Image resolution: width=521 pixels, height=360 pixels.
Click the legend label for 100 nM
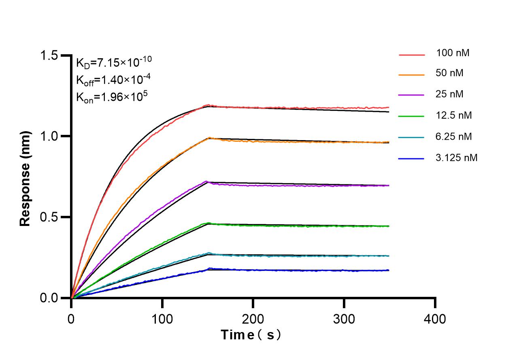tap(453, 53)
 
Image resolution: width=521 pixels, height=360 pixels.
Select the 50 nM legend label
tap(450, 74)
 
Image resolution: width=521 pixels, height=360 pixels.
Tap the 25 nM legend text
tap(450, 94)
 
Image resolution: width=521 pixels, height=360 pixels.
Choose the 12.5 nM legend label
tap(454, 115)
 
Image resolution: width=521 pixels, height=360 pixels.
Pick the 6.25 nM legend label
tap(454, 136)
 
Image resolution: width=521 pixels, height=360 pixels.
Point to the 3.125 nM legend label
tap(457, 158)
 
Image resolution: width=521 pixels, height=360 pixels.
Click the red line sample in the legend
tap(412, 54)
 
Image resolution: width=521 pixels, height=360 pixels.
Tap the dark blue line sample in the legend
tap(412, 159)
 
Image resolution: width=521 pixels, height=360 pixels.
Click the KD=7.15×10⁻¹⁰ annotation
tap(114, 63)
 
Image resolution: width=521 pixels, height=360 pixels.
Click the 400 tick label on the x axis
tap(435, 319)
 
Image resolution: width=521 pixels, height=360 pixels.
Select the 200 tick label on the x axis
tap(253, 319)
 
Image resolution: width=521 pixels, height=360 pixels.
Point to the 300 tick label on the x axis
tap(344, 319)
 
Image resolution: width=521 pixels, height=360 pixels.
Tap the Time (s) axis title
tap(251, 335)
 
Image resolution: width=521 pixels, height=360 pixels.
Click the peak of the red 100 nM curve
tap(208, 105)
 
